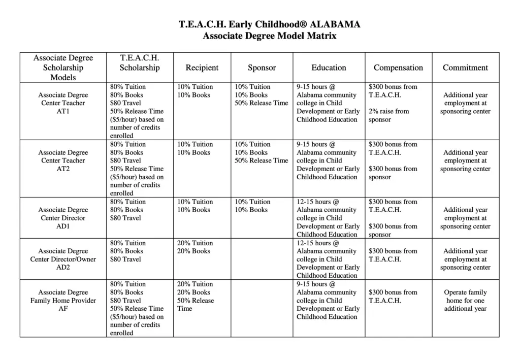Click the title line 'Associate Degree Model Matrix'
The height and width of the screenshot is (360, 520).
tap(269, 36)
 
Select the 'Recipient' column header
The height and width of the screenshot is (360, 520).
tap(202, 68)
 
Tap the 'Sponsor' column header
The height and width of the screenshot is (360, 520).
tap(262, 68)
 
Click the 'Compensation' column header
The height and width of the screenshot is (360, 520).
tap(398, 68)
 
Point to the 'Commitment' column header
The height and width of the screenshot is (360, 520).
tap(465, 68)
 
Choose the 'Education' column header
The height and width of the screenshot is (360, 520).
tap(329, 68)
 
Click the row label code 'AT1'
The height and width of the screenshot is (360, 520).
tap(63, 111)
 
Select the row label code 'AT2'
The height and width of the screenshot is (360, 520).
tap(63, 169)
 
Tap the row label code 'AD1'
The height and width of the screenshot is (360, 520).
tap(63, 226)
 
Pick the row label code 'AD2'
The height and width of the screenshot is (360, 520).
tap(63, 267)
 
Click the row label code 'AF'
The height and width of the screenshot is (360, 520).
tap(63, 308)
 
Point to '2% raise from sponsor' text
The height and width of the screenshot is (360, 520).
tap(388, 115)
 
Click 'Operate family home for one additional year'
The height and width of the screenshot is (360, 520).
tap(465, 300)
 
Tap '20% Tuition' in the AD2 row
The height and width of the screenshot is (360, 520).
tap(195, 243)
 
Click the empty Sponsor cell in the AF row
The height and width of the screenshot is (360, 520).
tap(262, 308)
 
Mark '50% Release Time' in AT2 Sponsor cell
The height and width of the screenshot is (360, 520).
tap(261, 160)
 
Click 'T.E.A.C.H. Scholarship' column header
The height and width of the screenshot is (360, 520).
tap(140, 63)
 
